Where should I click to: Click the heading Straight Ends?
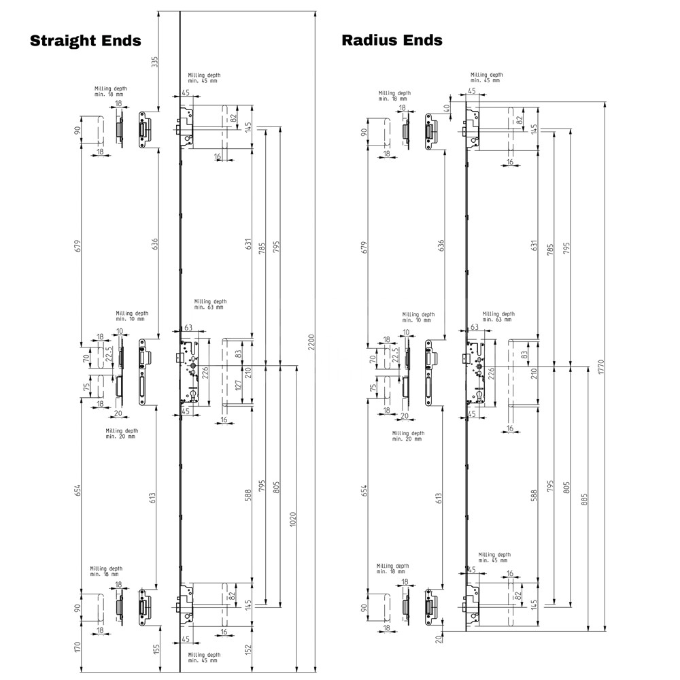coord(86,40)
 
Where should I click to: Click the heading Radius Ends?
coord(392,40)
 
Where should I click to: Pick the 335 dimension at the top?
coord(154,62)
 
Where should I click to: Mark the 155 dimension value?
coord(156,650)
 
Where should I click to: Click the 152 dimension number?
coord(248,650)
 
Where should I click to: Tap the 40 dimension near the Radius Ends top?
coord(447,107)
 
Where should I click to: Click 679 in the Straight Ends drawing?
coord(78,245)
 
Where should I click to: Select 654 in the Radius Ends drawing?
coord(364,490)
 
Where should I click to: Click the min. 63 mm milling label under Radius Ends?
coord(498,317)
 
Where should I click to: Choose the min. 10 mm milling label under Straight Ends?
coord(131,316)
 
